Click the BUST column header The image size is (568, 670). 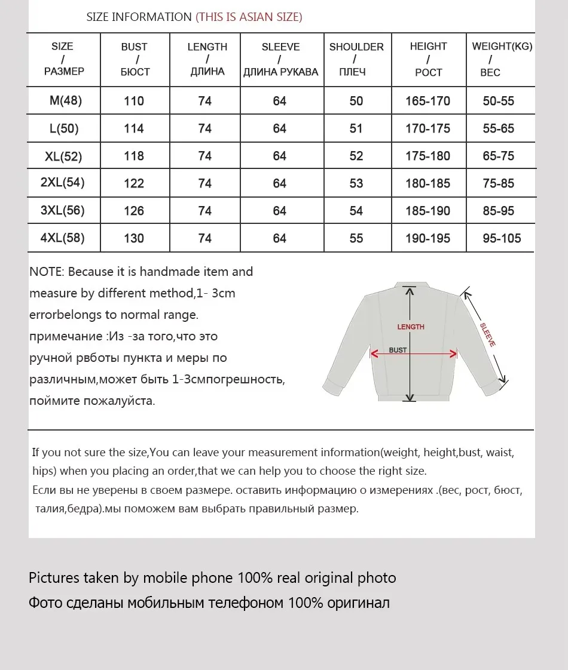[x=135, y=59]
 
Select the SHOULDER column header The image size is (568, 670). [x=356, y=59]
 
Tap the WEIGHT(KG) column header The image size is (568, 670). [x=502, y=59]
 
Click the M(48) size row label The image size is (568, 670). [x=65, y=100]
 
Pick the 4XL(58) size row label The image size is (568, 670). [x=62, y=238]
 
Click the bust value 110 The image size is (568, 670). [x=134, y=101]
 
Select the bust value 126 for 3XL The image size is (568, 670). [x=134, y=211]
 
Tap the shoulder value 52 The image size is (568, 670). [x=356, y=156]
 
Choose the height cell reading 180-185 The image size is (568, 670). [x=427, y=183]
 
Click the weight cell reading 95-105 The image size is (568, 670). [x=502, y=238]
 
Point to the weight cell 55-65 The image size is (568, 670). [x=499, y=128]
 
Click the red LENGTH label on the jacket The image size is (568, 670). [x=411, y=327]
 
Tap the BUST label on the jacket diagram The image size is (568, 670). [x=398, y=350]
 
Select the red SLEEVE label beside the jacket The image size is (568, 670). [x=487, y=334]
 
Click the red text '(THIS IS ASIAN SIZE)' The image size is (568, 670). [x=249, y=17]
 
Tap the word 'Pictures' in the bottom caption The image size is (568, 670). [x=54, y=577]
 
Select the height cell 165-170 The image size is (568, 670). [x=427, y=101]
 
